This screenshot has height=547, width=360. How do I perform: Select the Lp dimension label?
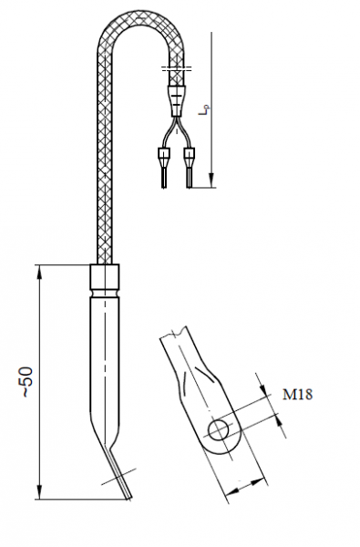[x=209, y=114]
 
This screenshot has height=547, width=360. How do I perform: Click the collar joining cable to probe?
[x=105, y=277]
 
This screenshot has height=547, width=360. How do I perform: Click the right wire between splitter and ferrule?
[x=186, y=132]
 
